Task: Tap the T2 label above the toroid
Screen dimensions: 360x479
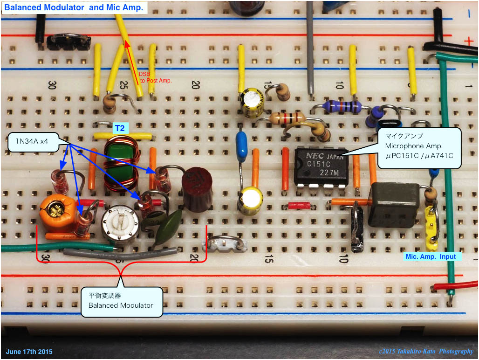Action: pos(120,128)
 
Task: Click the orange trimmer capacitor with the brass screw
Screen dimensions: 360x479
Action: pos(58,214)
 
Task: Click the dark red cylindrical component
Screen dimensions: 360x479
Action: pos(197,189)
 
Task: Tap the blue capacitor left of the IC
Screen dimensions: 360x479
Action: pos(241,146)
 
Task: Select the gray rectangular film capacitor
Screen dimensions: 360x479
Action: pos(394,205)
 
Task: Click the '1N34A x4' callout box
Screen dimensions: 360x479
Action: pos(34,141)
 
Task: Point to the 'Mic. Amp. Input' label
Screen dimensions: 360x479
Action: pos(431,256)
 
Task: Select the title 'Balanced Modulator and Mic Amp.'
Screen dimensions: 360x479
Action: pos(74,7)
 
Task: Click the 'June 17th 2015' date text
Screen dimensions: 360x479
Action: pos(29,352)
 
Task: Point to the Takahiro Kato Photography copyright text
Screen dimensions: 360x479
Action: pos(426,352)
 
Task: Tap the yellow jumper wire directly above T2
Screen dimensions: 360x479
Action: pos(123,137)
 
